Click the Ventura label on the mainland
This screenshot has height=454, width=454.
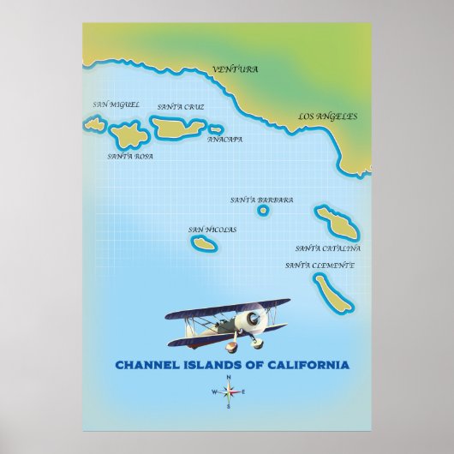pyautogui.click(x=234, y=69)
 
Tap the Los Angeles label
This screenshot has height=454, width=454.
pyautogui.click(x=327, y=116)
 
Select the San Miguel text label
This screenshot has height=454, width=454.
pyautogui.click(x=115, y=105)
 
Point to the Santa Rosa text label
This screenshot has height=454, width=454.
pyautogui.click(x=130, y=157)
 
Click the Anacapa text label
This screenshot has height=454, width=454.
pyautogui.click(x=224, y=139)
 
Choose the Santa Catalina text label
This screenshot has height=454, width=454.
pyautogui.click(x=328, y=248)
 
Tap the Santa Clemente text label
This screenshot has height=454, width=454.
pyautogui.click(x=320, y=265)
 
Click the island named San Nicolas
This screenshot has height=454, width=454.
pyautogui.click(x=204, y=244)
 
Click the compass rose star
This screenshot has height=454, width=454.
pyautogui.click(x=229, y=393)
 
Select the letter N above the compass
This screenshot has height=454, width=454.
pyautogui.click(x=229, y=378)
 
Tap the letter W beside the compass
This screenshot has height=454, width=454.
pyautogui.click(x=213, y=393)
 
